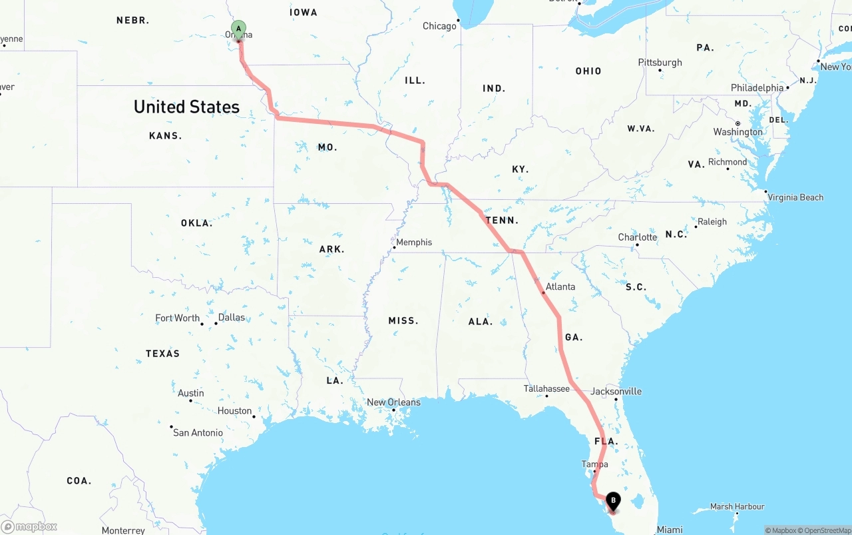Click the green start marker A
(x=238, y=29)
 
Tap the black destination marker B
(x=613, y=500)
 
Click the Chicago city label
(x=439, y=26)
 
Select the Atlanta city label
(x=560, y=286)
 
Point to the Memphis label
(x=414, y=242)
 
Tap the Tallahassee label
(x=546, y=388)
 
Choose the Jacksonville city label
(x=616, y=391)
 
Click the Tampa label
(x=594, y=464)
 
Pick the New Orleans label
(x=393, y=402)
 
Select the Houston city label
(x=234, y=411)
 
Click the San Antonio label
(x=198, y=432)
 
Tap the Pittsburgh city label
(x=660, y=62)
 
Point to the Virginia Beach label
(x=795, y=197)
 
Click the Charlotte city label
(x=637, y=237)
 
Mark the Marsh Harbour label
(x=737, y=506)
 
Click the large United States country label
(x=186, y=107)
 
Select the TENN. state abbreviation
(x=502, y=220)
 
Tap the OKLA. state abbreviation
(x=196, y=223)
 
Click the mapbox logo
(x=29, y=527)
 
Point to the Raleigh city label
(x=712, y=221)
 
